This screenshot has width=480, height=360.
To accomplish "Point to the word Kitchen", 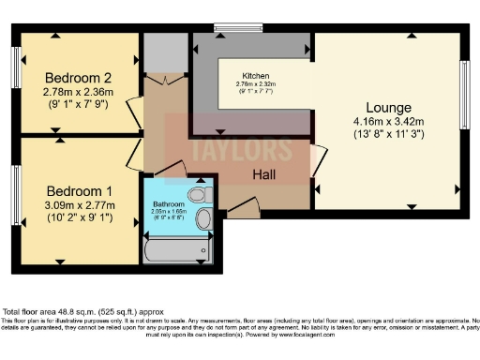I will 256,75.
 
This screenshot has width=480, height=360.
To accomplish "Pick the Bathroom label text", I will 170,203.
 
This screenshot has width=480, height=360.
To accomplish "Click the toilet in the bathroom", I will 198,195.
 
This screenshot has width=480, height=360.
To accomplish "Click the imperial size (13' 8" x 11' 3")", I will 387,135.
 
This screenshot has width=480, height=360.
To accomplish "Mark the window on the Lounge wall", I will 464,96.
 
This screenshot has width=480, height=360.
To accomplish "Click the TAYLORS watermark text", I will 230,148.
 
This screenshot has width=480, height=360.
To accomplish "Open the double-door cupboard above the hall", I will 166,81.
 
